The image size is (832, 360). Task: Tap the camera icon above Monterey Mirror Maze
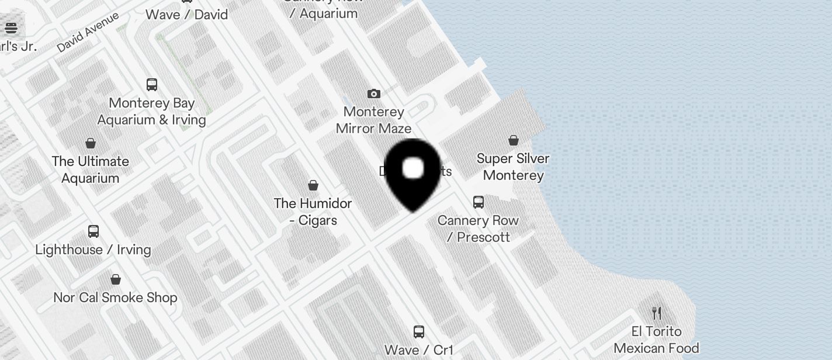[x=374, y=94]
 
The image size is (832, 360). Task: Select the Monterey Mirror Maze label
[x=374, y=120]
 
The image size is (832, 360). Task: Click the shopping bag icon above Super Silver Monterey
[x=513, y=140]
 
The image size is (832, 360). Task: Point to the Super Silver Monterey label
[x=513, y=167]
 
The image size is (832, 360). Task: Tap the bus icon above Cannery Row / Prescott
[x=479, y=202]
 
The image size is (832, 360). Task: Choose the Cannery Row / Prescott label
[x=479, y=229]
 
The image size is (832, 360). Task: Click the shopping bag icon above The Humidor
[x=313, y=185]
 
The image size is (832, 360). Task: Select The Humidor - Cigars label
[x=313, y=212]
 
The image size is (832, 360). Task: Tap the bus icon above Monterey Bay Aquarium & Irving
[x=152, y=85]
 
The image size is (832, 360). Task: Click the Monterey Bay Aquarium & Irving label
[x=152, y=111]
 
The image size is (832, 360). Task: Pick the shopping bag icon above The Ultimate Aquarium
[x=91, y=143]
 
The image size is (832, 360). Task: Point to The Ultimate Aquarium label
[x=91, y=169]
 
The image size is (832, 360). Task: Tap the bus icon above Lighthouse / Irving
[x=93, y=231]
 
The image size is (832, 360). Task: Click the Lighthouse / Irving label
[x=93, y=250]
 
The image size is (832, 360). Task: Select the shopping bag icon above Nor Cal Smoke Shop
[x=116, y=279]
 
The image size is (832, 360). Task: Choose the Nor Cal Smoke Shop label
[x=116, y=297]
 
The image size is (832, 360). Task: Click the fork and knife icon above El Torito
[x=657, y=313]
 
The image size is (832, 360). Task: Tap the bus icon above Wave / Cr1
[x=419, y=332]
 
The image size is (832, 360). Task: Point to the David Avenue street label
[x=88, y=32]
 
